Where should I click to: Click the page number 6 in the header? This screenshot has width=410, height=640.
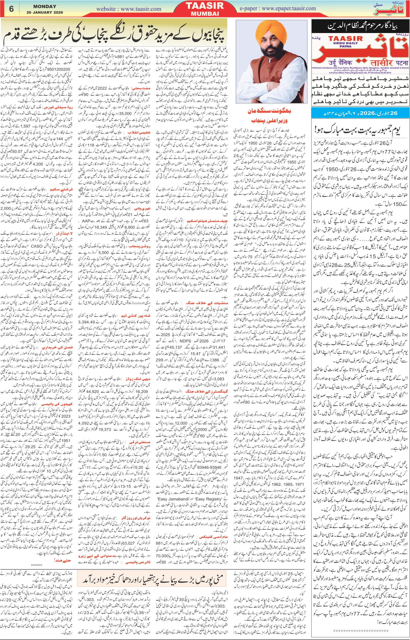click(x=11, y=9)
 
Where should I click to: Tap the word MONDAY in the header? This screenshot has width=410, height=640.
click(x=45, y=6)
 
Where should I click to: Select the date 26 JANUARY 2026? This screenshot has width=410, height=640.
click(x=45, y=12)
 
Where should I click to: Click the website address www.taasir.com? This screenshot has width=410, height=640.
click(x=129, y=9)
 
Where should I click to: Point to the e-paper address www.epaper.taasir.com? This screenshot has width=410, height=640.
click(x=278, y=8)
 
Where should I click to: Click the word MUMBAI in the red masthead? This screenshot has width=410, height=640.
click(x=205, y=14)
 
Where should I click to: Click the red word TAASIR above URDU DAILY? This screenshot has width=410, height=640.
click(x=345, y=38)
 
